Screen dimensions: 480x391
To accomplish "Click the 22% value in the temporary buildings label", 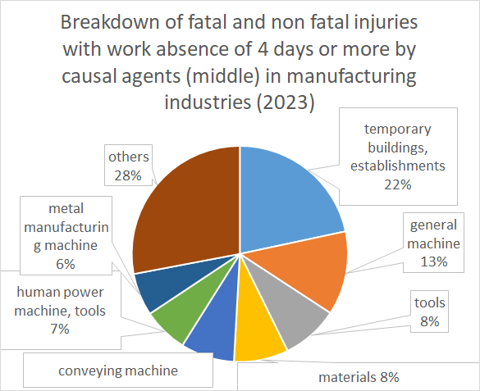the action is point(398,184).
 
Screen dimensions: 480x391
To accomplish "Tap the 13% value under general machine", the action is point(434,262).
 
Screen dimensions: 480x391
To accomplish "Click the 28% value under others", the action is point(128,175).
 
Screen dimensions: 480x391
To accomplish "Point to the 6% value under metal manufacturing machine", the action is point(66,264).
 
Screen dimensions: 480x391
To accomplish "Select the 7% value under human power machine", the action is point(60,329).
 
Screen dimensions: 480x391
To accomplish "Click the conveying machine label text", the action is point(118,371).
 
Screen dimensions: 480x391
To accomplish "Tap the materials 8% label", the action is point(359,377).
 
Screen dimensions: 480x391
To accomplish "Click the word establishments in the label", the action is point(398,166).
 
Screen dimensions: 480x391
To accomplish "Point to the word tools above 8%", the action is point(430,302).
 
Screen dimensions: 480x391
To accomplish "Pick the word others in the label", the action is point(129,157).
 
